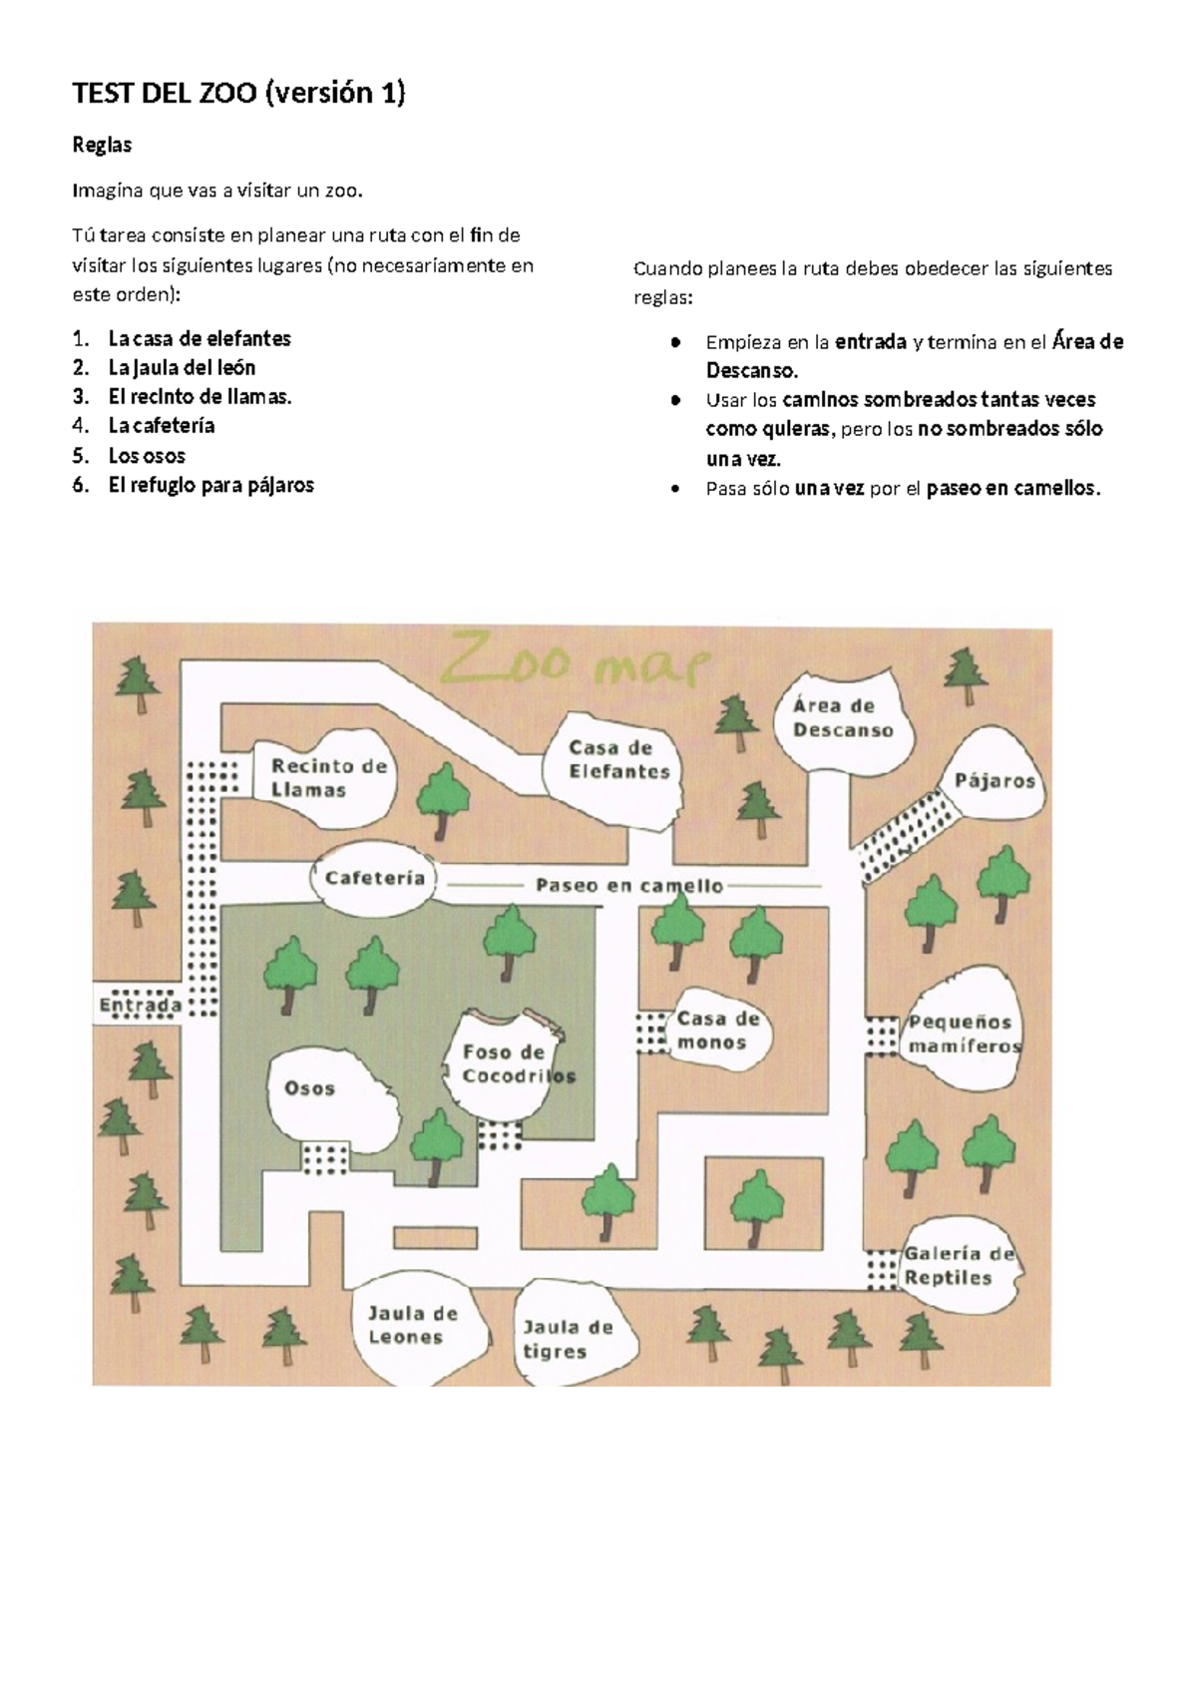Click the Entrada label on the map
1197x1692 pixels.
(x=140, y=1005)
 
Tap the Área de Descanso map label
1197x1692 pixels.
(x=842, y=717)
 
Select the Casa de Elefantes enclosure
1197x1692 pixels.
(x=618, y=759)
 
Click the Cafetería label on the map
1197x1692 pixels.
(x=375, y=879)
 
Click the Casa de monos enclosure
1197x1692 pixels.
(x=718, y=1031)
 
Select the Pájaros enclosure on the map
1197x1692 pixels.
(x=995, y=780)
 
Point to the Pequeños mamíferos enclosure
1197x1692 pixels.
(x=962, y=1035)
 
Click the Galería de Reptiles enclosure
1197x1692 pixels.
(x=958, y=1266)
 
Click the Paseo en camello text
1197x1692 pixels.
(x=629, y=885)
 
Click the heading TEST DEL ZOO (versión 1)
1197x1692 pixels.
(x=239, y=94)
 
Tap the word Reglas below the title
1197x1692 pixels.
(x=102, y=146)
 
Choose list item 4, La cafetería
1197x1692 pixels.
(x=162, y=426)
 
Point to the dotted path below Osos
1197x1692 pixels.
(x=325, y=1158)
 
